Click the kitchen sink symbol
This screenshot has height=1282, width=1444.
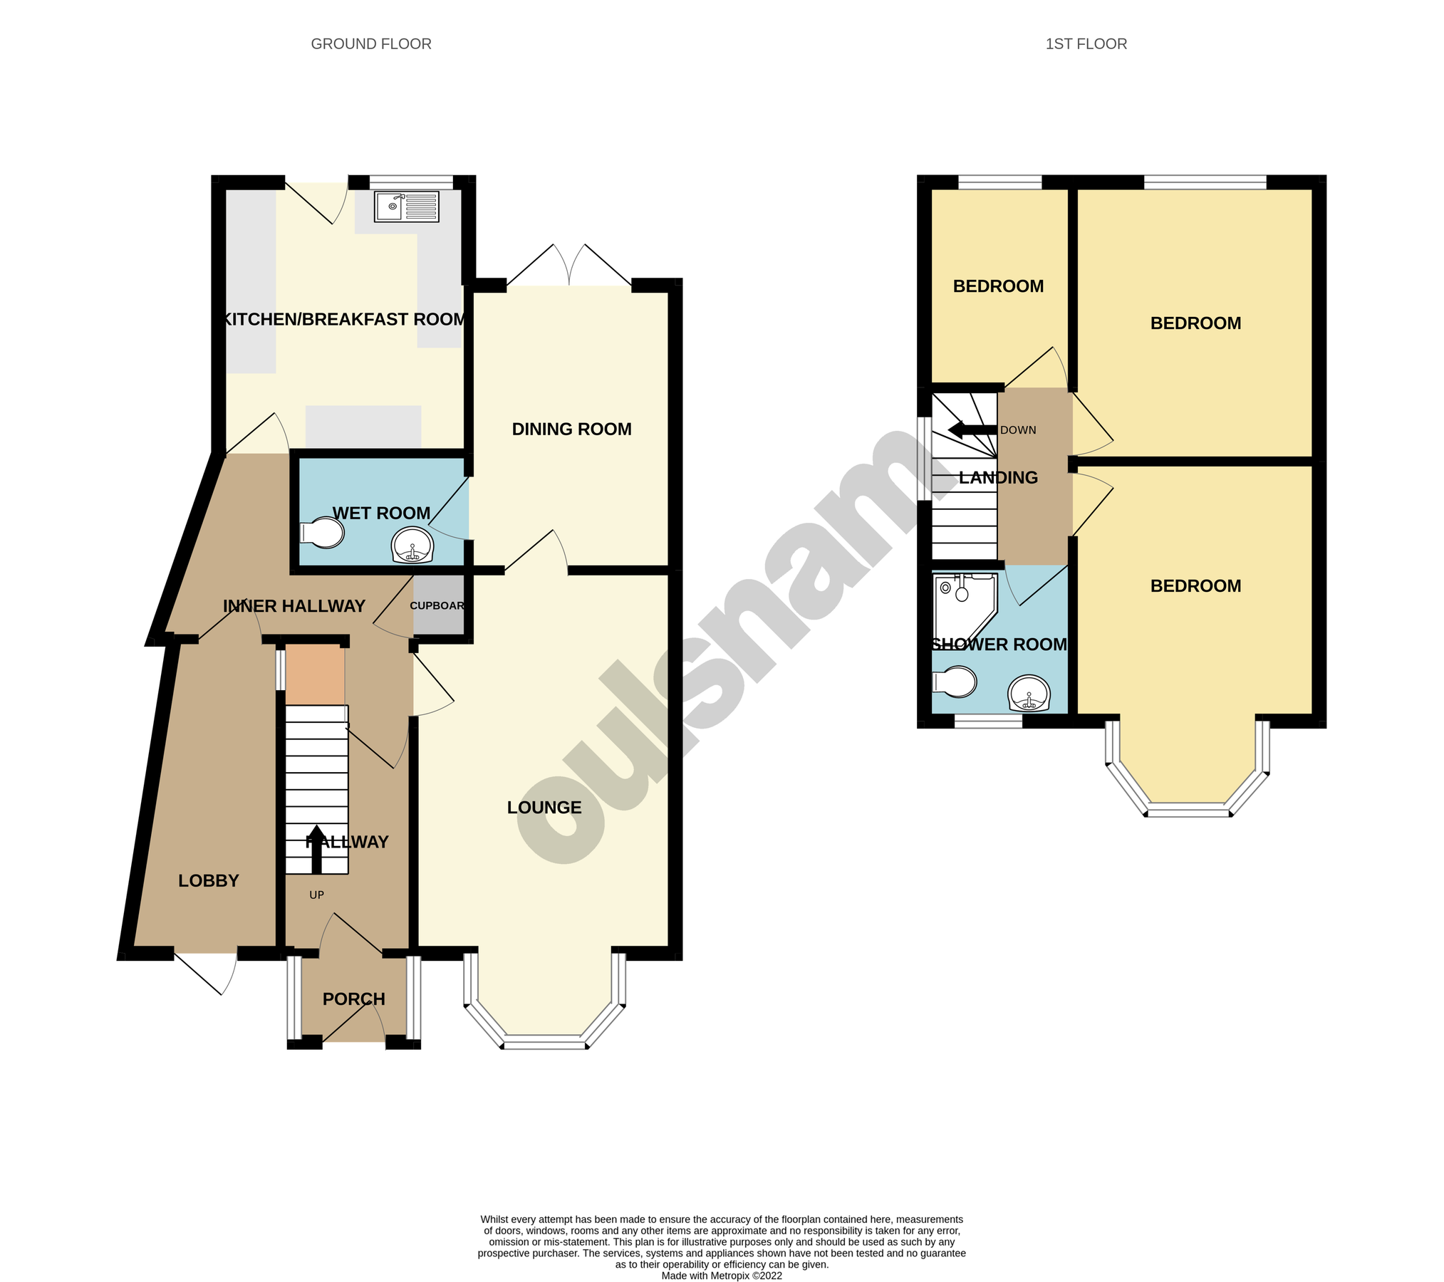tap(406, 207)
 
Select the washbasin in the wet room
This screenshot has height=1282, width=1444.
tap(412, 546)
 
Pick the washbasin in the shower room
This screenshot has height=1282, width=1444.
tap(1029, 692)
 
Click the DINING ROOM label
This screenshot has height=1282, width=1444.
tap(571, 429)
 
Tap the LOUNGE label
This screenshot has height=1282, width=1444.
tap(544, 808)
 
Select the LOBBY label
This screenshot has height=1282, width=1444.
tap(208, 881)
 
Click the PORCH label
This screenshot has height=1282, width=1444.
tap(353, 999)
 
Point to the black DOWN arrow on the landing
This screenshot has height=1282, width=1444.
tap(972, 430)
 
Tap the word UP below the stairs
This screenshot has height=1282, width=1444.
tap(316, 895)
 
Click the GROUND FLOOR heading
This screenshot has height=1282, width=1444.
tap(370, 44)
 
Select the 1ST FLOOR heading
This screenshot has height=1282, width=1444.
tap(1086, 44)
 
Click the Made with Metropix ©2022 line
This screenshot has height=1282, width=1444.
tap(721, 1276)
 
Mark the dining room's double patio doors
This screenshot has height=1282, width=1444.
tap(569, 267)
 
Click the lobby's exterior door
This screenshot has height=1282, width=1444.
tap(206, 972)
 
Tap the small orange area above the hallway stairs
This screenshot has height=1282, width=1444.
tap(315, 674)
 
